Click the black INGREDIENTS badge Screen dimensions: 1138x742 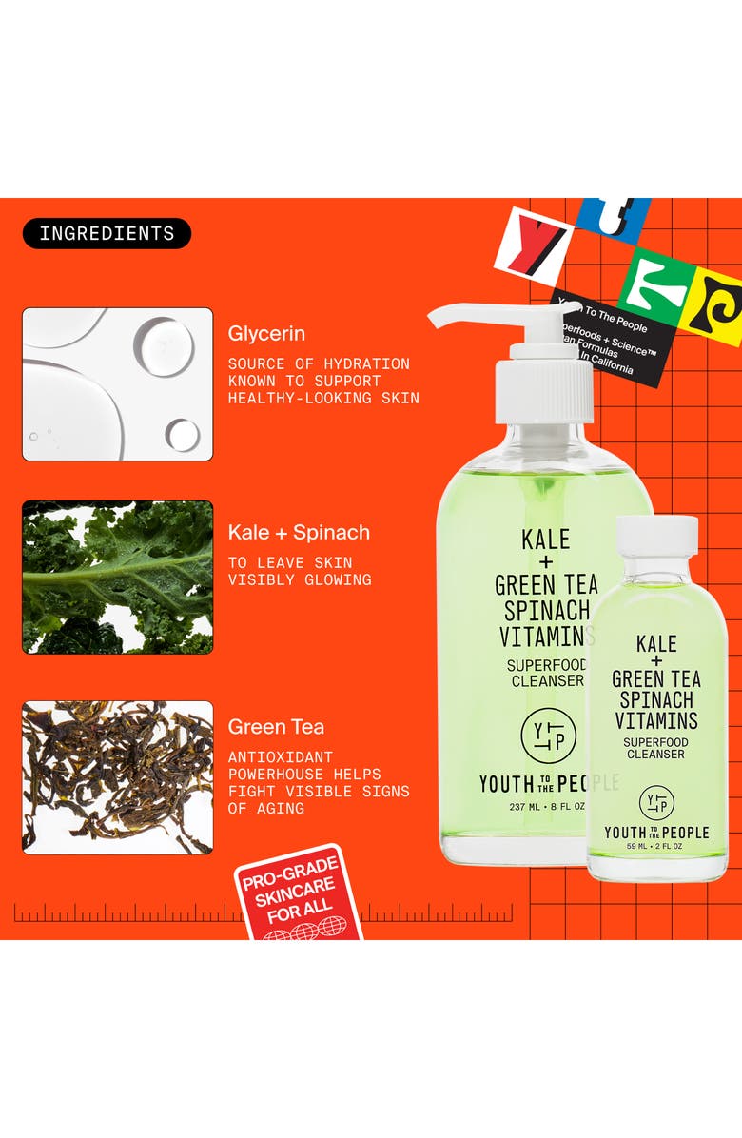click(107, 233)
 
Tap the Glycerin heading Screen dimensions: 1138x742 click(266, 334)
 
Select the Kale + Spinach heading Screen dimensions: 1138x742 click(299, 533)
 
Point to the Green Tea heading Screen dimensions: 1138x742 click(276, 727)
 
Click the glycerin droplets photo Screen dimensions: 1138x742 click(118, 384)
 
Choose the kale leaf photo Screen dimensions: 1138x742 click(118, 578)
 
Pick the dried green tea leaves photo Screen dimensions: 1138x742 click(118, 777)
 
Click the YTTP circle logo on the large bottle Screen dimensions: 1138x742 click(549, 736)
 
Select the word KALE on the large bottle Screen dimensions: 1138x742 click(546, 540)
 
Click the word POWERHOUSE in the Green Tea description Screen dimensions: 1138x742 click(276, 775)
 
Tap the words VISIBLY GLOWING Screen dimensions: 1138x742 click(299, 579)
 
